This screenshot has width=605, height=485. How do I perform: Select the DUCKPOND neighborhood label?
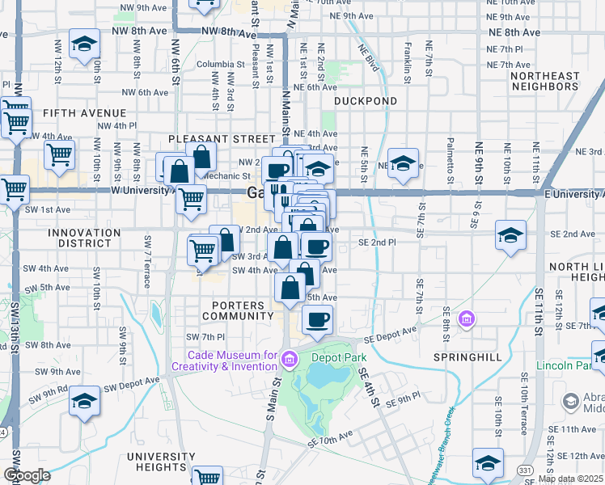[x=366, y=101]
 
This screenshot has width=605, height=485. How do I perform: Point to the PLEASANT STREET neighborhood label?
[x=210, y=139]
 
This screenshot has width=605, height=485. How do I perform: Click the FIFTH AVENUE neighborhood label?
[x=85, y=113]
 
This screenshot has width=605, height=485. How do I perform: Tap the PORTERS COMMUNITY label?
[x=238, y=310]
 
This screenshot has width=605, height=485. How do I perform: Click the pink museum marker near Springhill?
[x=466, y=319]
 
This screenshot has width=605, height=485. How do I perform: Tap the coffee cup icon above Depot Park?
[x=317, y=318]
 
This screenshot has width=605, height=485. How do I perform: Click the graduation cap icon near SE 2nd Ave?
[x=510, y=235]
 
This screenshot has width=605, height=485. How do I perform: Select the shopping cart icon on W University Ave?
[x=192, y=198]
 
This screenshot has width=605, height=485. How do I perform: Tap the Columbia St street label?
[x=214, y=64]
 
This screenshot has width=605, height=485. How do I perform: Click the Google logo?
[x=27, y=475]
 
